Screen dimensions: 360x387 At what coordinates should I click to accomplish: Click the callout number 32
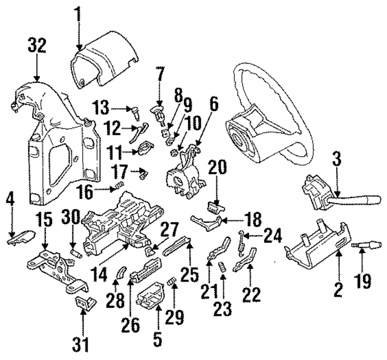coord(36,46)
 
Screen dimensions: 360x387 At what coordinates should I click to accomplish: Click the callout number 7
coord(160,77)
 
